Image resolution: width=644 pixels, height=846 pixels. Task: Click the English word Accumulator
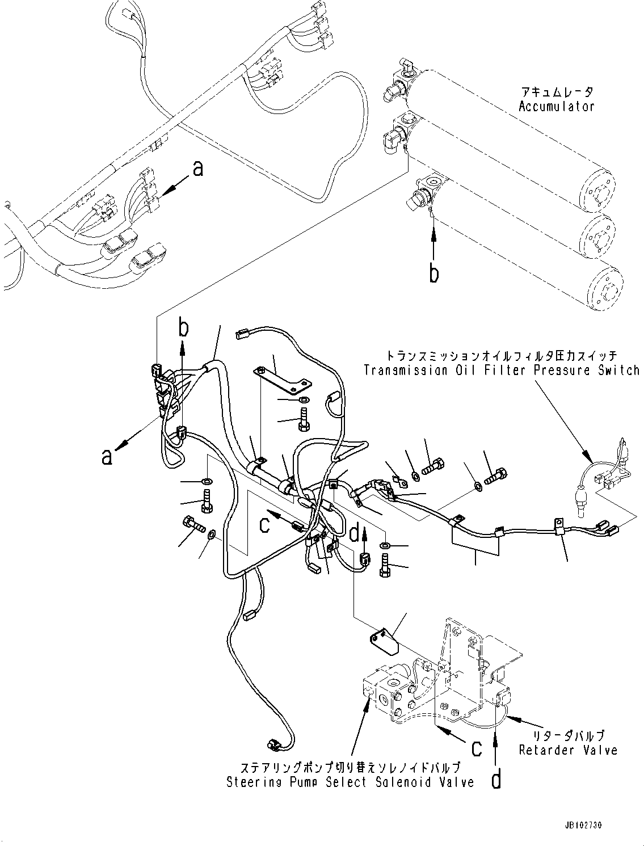[x=556, y=106]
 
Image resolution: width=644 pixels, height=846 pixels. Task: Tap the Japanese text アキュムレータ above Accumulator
[x=556, y=92]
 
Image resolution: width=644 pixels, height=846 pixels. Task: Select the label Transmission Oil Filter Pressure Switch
[x=502, y=371]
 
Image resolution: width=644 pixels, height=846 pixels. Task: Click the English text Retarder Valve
[x=568, y=750]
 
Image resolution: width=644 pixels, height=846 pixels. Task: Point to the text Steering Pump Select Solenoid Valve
[x=350, y=782]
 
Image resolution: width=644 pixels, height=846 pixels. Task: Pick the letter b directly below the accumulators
[x=433, y=273]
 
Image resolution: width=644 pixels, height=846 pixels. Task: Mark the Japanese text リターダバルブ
[x=568, y=735]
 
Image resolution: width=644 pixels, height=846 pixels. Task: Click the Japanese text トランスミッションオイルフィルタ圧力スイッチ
[x=502, y=356]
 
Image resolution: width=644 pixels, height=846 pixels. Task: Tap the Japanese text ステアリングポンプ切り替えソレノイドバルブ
[x=350, y=768]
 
